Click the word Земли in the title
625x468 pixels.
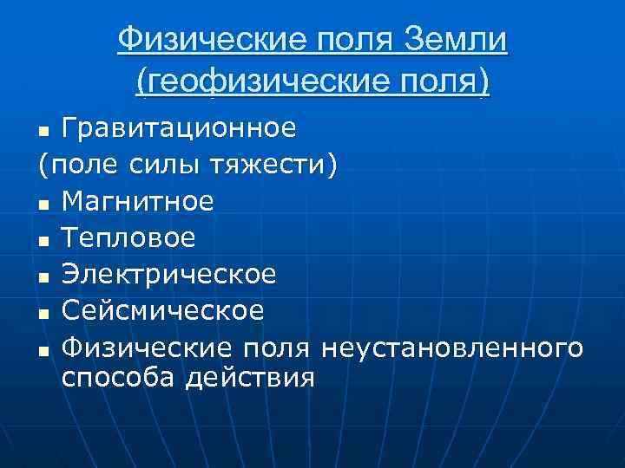[456, 39]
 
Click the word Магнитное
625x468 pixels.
[139, 202]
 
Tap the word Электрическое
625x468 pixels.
[170, 275]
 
